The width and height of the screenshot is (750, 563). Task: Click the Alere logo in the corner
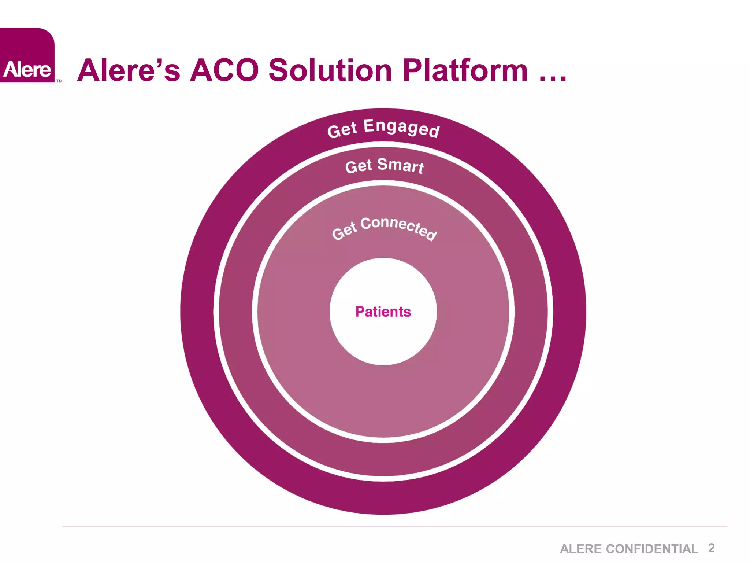point(27,56)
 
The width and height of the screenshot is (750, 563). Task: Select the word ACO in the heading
point(224,70)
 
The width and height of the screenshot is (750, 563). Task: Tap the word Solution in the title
point(330,70)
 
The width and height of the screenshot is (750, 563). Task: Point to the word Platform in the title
point(465,70)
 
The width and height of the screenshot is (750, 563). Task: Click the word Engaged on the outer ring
point(401,128)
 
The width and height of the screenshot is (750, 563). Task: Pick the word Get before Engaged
point(342,130)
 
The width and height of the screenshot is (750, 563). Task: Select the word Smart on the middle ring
point(400,166)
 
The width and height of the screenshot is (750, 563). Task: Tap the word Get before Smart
point(359,166)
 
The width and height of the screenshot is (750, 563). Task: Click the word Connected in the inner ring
point(399,227)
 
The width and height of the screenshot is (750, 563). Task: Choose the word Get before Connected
point(344,231)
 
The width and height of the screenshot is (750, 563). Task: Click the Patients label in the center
point(383,312)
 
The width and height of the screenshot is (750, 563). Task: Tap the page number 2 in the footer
point(711,548)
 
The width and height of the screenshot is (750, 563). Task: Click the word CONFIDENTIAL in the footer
point(652,549)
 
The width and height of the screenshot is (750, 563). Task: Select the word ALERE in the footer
point(582,549)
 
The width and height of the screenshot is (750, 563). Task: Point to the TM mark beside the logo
point(59,81)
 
